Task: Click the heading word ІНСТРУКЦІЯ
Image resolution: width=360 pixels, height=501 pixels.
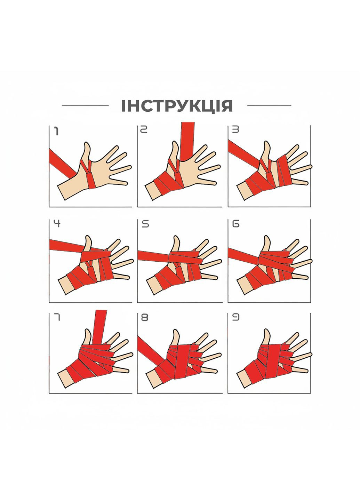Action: pos(177,106)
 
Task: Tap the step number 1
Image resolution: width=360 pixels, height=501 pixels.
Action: pos(56,132)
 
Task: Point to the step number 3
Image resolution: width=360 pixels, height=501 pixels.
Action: pos(235,130)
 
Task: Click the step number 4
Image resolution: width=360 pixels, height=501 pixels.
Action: pos(57,224)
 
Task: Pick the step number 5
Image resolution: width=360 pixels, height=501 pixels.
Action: pos(145,224)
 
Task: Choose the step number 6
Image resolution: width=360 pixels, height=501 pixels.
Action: pos(236,224)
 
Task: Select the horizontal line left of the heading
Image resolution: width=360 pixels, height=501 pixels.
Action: pos(85,106)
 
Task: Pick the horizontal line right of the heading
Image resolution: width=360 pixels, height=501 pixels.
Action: pos(270,106)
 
